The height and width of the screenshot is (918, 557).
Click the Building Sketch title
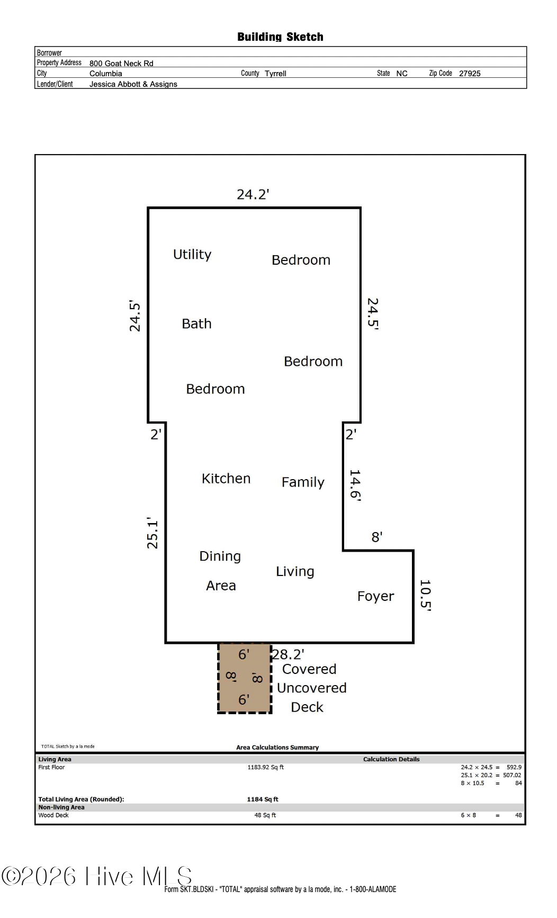[280, 37]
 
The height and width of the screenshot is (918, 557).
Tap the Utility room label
[192, 255]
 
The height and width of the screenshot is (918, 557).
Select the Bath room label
[196, 323]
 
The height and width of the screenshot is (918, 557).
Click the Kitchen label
[226, 479]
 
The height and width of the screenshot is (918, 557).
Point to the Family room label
[303, 482]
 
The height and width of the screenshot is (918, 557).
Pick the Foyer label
[375, 596]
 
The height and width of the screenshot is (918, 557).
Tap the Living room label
[295, 572]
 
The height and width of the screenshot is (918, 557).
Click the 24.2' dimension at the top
[253, 194]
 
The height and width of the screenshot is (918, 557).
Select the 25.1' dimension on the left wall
[152, 533]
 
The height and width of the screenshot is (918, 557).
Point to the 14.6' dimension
[355, 485]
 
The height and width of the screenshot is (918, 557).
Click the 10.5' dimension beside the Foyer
[425, 596]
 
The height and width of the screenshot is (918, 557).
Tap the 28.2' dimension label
[288, 654]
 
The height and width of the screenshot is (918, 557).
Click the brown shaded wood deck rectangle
[245, 678]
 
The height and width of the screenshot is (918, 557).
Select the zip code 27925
[470, 74]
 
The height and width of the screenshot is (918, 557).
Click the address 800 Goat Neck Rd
[121, 64]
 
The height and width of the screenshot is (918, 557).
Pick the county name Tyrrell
[275, 74]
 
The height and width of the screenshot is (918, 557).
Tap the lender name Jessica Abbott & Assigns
[133, 84]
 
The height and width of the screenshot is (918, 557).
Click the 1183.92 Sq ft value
[265, 767]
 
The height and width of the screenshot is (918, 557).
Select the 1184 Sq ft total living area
[263, 799]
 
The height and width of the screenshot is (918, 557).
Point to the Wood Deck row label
[53, 815]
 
